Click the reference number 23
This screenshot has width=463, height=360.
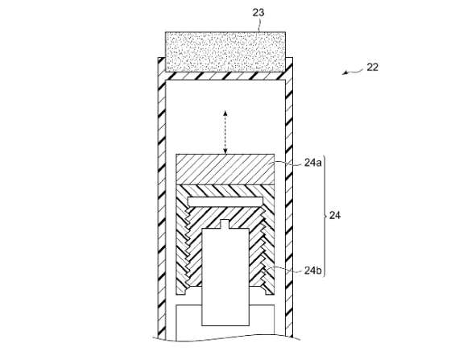pyautogui.click(x=258, y=13)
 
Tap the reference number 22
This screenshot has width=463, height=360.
pyautogui.click(x=372, y=68)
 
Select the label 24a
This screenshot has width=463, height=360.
pyautogui.click(x=312, y=163)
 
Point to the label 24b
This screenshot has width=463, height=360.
pyautogui.click(x=312, y=271)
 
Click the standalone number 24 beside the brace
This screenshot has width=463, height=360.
pyautogui.click(x=334, y=216)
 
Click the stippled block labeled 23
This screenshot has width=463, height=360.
pyautogui.click(x=225, y=52)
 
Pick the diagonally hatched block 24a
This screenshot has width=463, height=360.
pyautogui.click(x=225, y=169)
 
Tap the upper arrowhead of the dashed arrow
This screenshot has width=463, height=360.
pyautogui.click(x=225, y=113)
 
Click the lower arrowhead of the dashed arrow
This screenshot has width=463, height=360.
pyautogui.click(x=225, y=151)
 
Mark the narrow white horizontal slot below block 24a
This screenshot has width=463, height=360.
pyautogui.click(x=225, y=201)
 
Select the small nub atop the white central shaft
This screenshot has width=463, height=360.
pyautogui.click(x=225, y=224)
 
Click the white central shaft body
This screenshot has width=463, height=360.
pyautogui.click(x=225, y=277)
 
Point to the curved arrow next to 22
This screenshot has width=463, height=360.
pyautogui.click(x=353, y=72)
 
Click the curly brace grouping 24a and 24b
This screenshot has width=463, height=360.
pyautogui.click(x=325, y=216)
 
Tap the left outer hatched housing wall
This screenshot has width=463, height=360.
pyautogui.click(x=162, y=198)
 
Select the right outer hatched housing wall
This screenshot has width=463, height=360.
pyautogui.click(x=289, y=197)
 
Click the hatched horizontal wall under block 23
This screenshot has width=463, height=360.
pyautogui.click(x=225, y=76)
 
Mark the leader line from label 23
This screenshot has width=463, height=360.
pyautogui.click(x=259, y=25)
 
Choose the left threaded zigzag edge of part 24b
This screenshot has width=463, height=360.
pyautogui.click(x=187, y=248)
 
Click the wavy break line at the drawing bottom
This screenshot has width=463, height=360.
pyautogui.click(x=226, y=339)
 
